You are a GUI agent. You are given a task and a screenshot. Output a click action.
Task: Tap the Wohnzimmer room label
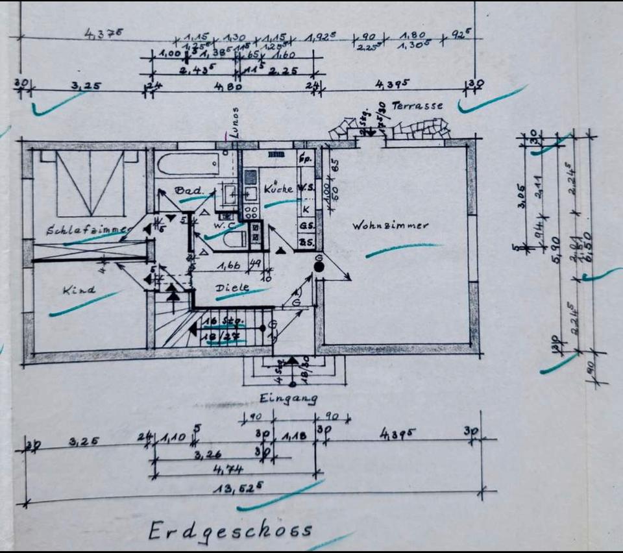(x=390, y=226)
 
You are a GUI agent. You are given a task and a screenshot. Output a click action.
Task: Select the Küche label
(x=278, y=190)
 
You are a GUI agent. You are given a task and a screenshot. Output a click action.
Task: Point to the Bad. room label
(x=186, y=191)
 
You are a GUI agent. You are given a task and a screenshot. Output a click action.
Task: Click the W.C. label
(x=224, y=225)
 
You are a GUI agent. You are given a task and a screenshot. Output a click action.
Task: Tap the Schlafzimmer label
(x=89, y=230)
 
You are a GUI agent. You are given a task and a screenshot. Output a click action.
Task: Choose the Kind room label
(x=79, y=289)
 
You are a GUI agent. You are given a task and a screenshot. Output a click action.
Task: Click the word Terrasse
(x=417, y=105)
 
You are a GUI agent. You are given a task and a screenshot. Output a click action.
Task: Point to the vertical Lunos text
(x=235, y=121)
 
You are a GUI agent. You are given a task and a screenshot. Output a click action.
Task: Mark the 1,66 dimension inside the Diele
(x=225, y=265)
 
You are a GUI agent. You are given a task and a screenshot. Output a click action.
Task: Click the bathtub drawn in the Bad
(x=188, y=164)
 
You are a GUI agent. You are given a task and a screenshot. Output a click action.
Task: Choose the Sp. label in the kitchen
(x=305, y=158)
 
